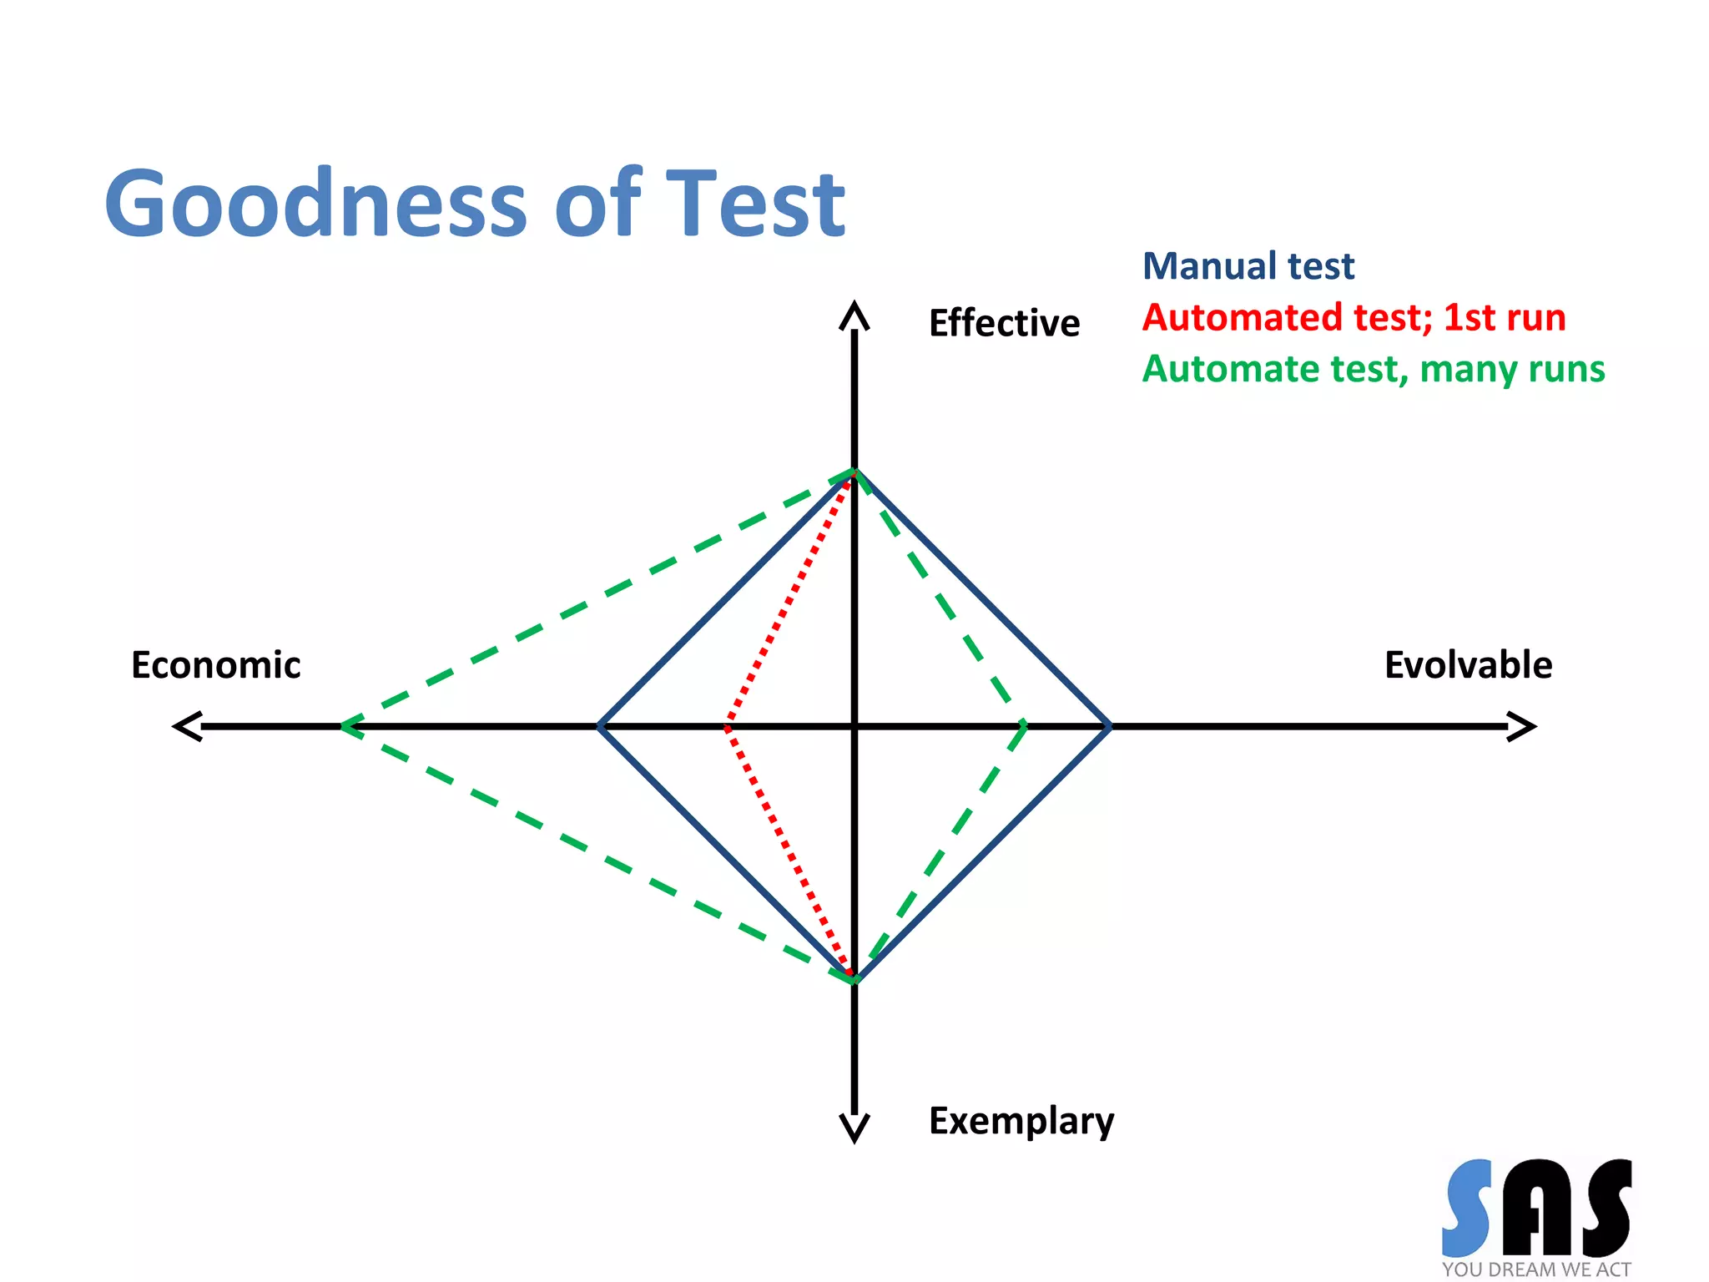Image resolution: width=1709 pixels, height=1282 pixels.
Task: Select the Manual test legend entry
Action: pos(1248,266)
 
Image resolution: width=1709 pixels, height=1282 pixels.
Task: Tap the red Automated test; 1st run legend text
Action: pos(1354,318)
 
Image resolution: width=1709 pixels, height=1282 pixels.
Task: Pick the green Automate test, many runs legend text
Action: pos(1373,369)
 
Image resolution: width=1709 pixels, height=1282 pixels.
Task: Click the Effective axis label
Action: pos(1004,323)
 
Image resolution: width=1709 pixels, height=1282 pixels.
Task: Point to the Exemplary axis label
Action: pos(1021,1121)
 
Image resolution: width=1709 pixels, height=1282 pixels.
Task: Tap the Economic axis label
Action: pos(215,665)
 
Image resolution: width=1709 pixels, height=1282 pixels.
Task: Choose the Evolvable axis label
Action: pos(1468,665)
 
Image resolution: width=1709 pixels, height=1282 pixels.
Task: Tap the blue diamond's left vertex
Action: pos(599,726)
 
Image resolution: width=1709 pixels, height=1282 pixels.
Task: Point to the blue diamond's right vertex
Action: pos(1109,726)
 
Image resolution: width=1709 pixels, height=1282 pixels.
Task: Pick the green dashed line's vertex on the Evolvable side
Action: pos(1025,726)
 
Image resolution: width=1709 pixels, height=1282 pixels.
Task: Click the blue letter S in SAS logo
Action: pos(1467,1207)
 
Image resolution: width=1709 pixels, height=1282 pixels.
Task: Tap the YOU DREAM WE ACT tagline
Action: pos(1535,1269)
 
